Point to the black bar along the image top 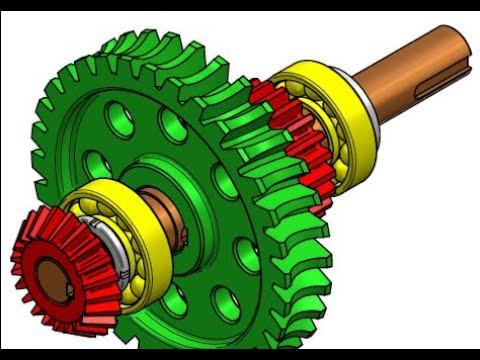click(x=240, y=5)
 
